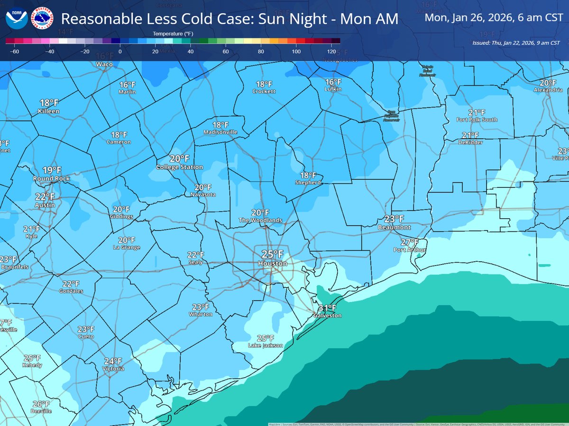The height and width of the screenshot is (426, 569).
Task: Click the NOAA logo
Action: pos(17,18)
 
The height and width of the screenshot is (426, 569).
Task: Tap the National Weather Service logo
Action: pos(42,18)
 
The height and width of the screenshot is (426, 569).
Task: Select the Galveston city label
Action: pos(327,315)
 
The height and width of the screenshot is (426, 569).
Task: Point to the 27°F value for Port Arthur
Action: pos(410,242)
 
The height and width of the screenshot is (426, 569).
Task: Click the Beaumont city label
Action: pos(394,227)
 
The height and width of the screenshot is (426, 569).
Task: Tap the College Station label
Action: pos(180,167)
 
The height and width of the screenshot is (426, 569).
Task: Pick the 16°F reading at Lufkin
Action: pos(333,82)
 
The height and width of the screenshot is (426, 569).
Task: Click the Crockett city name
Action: pos(264,91)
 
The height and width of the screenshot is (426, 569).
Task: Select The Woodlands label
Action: pos(260,220)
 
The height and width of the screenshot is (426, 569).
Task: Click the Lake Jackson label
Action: pos(266,346)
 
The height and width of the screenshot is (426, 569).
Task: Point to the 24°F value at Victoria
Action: pos(113,361)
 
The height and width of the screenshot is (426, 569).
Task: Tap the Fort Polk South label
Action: pos(477,120)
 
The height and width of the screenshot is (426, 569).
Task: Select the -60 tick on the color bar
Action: pos(14,52)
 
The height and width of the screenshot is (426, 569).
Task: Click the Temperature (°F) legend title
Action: pos(173,34)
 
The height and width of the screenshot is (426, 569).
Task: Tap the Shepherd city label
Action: pos(308,182)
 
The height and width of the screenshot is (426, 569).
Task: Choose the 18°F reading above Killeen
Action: pos(49,103)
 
